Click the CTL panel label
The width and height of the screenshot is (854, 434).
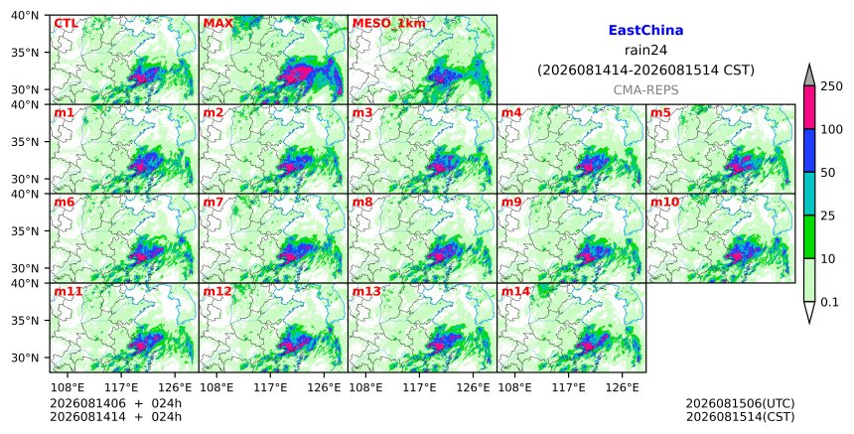click(x=66, y=24)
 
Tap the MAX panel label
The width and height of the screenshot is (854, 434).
click(x=217, y=24)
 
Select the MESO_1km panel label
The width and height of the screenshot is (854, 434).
click(x=389, y=24)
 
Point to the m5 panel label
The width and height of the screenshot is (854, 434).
click(x=660, y=112)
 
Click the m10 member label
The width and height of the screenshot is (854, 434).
click(x=664, y=202)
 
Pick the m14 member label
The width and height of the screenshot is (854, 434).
click(x=515, y=291)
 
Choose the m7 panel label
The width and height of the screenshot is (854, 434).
click(x=213, y=202)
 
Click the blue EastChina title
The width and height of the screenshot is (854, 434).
click(x=645, y=31)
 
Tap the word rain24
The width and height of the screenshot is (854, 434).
click(x=645, y=51)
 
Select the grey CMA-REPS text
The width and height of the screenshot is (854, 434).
click(x=645, y=90)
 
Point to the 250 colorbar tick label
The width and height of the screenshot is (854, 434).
click(x=832, y=86)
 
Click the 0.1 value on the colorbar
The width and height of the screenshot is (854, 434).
click(x=830, y=302)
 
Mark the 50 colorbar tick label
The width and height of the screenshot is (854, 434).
click(x=828, y=173)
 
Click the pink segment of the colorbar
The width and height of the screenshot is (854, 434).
click(x=809, y=107)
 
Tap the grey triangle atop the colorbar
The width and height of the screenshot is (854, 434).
click(x=809, y=75)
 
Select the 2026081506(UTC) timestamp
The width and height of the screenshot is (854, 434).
click(x=740, y=403)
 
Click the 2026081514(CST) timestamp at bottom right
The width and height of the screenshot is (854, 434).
click(x=740, y=417)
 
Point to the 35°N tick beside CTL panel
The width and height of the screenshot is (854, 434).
click(x=25, y=53)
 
